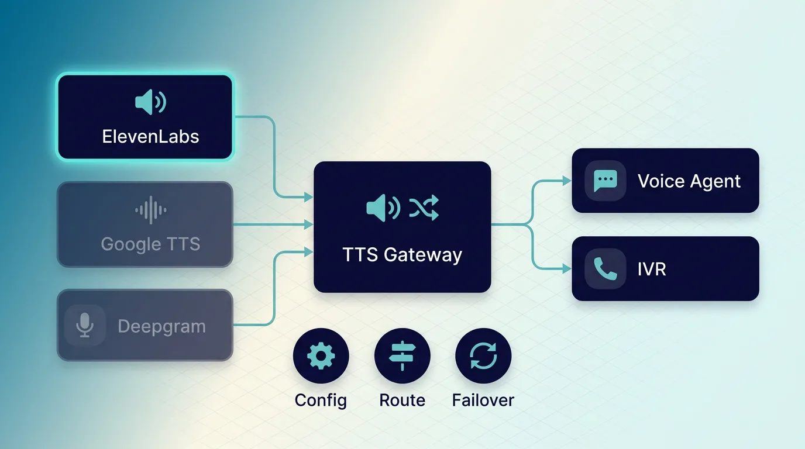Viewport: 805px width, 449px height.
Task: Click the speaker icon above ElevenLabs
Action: pyautogui.click(x=150, y=103)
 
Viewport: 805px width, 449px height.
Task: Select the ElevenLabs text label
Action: pyautogui.click(x=150, y=137)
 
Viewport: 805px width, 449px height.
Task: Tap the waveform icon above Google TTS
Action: pyautogui.click(x=151, y=210)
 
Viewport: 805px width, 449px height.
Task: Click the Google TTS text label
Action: pyautogui.click(x=150, y=243)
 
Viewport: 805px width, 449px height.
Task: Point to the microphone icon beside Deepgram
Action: pyautogui.click(x=85, y=324)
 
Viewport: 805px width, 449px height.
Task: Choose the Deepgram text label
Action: pyautogui.click(x=161, y=326)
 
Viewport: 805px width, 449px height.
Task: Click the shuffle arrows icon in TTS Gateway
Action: pyautogui.click(x=424, y=208)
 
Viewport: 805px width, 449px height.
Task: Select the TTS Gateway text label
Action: pyautogui.click(x=402, y=255)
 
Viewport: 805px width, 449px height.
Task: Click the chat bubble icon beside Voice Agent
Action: pyautogui.click(x=605, y=181)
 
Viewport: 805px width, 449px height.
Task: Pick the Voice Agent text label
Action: pyautogui.click(x=689, y=181)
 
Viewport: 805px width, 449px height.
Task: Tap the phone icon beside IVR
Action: pyautogui.click(x=605, y=269)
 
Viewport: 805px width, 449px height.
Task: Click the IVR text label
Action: pyautogui.click(x=651, y=270)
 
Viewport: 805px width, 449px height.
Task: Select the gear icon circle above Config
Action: pyautogui.click(x=321, y=356)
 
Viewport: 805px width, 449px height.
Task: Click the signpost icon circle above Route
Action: pyautogui.click(x=402, y=356)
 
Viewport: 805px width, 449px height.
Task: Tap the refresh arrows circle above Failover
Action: pyautogui.click(x=483, y=356)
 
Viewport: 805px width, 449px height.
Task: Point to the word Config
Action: pyautogui.click(x=321, y=400)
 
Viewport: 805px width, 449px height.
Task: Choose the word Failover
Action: pyautogui.click(x=483, y=400)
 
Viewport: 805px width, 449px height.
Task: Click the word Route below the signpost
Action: pyautogui.click(x=402, y=400)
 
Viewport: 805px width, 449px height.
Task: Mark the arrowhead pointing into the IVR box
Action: pyautogui.click(x=567, y=269)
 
